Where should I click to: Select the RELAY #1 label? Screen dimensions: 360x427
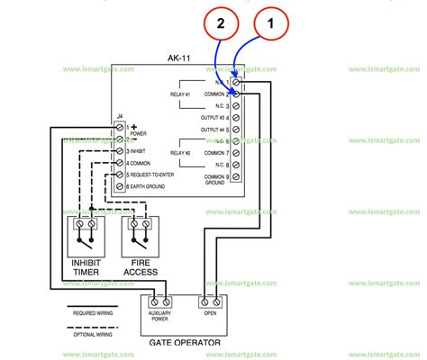coord(181,94)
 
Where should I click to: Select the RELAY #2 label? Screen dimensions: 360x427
coord(181,152)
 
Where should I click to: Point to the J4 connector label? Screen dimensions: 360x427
coord(119,116)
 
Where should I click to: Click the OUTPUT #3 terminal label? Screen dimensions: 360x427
coord(213,118)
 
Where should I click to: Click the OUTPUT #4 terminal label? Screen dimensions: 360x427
coord(213,130)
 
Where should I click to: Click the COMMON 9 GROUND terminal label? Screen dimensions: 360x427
coord(213,180)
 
